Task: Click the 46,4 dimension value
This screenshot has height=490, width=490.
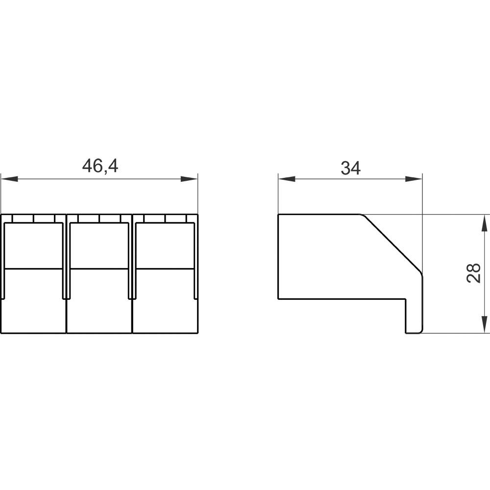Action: [x=100, y=167]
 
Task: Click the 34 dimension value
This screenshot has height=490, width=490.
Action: [x=351, y=168]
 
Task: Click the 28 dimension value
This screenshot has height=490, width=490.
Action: [x=473, y=273]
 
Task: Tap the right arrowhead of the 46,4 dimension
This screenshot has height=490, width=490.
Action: [x=189, y=179]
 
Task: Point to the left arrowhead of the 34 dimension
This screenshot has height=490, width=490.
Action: [x=286, y=179]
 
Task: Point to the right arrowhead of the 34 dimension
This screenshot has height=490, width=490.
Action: [x=414, y=179]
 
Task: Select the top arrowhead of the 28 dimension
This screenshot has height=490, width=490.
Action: [x=484, y=222]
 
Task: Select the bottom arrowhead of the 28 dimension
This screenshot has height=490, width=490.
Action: [x=484, y=325]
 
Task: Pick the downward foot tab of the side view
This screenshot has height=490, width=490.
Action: [x=414, y=316]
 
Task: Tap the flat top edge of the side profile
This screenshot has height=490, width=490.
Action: [x=318, y=214]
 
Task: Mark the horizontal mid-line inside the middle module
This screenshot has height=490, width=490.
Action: [x=99, y=269]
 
